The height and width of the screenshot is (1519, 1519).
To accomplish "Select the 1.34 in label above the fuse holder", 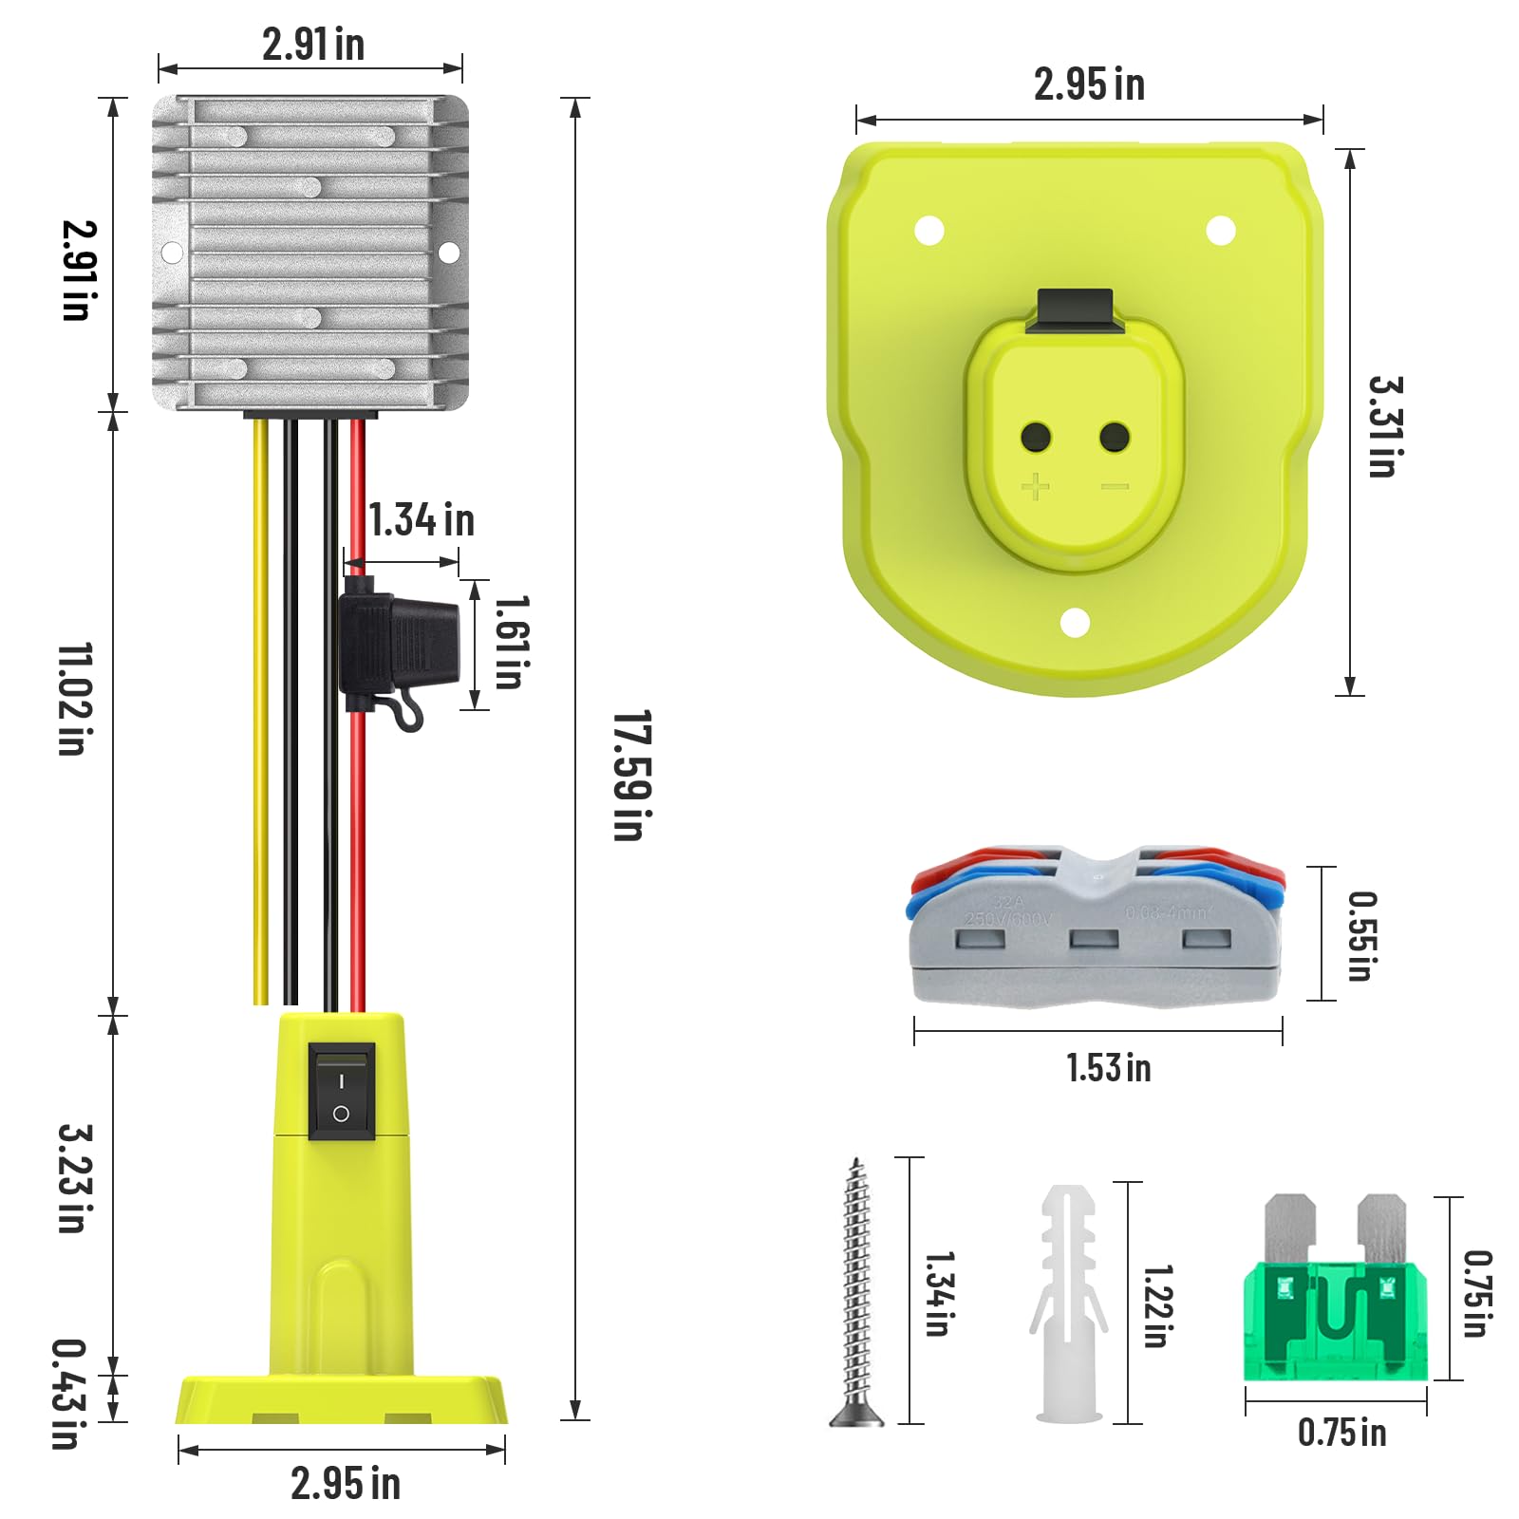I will point(421,520).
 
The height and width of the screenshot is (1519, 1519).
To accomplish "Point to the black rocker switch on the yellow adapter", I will point(342,1092).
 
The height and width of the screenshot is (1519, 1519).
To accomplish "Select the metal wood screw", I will point(857,1291).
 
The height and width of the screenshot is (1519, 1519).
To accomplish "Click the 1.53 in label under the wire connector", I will point(1108,1068).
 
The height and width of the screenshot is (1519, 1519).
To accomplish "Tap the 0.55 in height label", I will point(1361,935).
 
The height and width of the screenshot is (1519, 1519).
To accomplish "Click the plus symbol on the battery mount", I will point(1035,487).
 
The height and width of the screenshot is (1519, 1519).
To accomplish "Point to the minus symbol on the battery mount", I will point(1115,487).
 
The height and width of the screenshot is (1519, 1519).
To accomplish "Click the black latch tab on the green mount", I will point(1075,309).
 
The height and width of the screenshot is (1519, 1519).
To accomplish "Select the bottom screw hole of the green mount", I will point(1075,624).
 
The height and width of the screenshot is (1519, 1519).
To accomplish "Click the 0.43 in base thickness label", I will point(68,1393).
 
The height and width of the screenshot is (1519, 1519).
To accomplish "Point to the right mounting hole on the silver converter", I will point(448,253).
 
